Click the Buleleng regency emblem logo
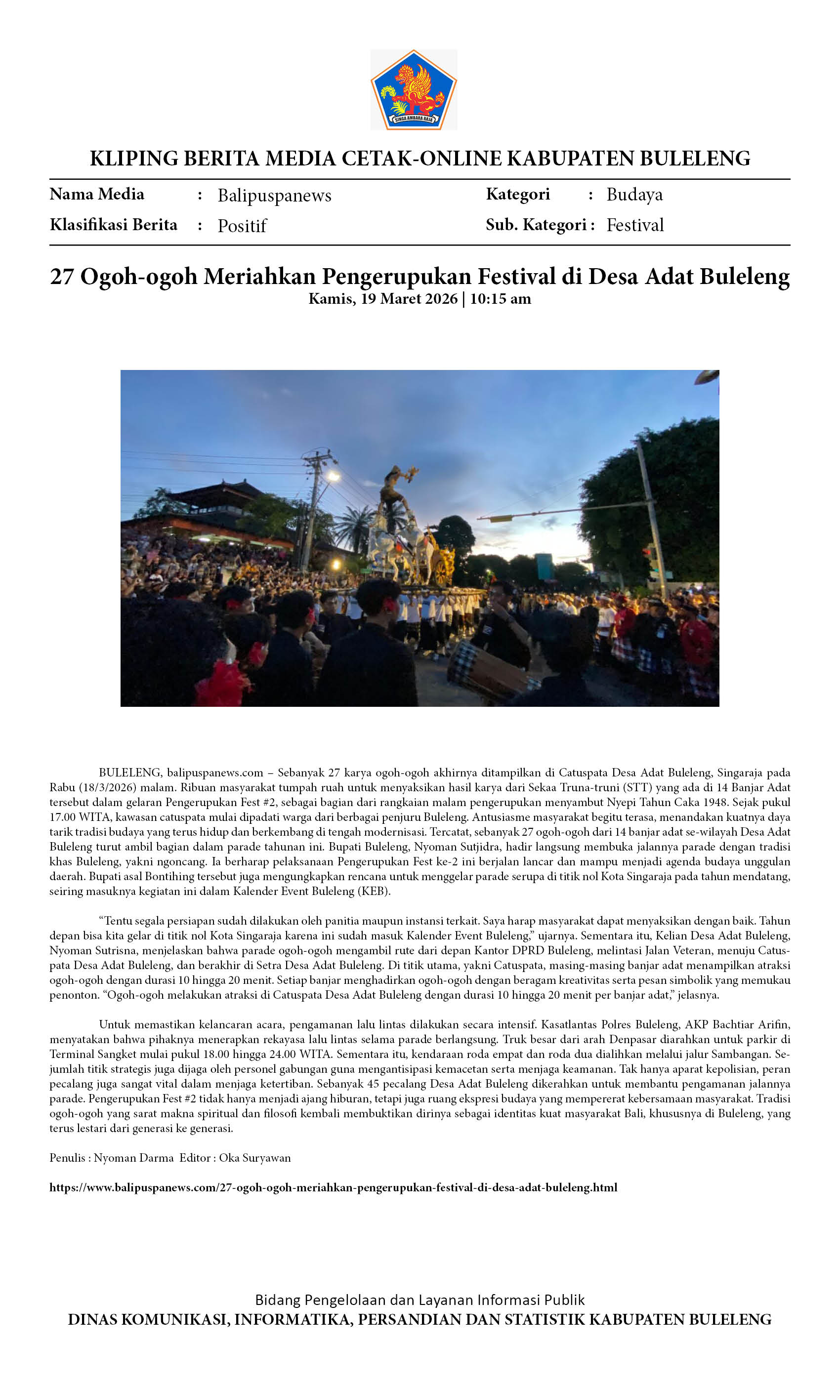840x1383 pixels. (413, 90)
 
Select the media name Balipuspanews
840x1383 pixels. (274, 195)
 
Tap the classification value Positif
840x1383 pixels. (242, 226)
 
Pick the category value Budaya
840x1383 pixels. (634, 194)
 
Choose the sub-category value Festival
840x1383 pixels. (634, 225)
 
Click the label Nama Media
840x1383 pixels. (96, 194)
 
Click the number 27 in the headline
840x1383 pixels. (61, 276)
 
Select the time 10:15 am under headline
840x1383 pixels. (500, 299)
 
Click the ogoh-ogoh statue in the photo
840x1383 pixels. (396, 494)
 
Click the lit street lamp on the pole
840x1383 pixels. (334, 477)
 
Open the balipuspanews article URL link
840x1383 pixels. (333, 1188)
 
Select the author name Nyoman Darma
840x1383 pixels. (133, 1158)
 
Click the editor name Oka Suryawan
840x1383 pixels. (254, 1158)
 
